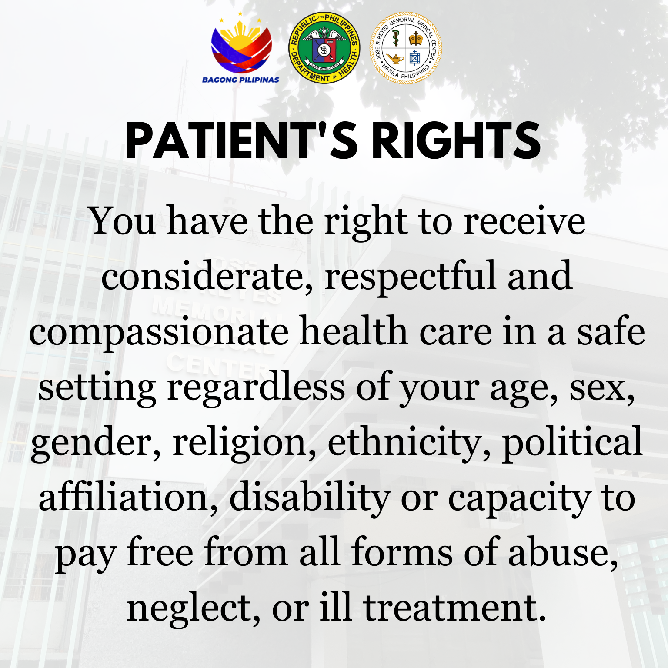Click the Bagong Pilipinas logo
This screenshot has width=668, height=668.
(240, 48)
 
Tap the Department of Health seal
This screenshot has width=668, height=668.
(324, 48)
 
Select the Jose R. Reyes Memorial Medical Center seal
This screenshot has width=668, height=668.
(406, 48)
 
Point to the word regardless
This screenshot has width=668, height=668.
(256, 387)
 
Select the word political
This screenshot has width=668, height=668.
(572, 443)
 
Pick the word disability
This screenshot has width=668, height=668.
(310, 498)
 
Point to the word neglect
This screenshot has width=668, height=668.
(194, 609)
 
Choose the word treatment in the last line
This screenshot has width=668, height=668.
(454, 608)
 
